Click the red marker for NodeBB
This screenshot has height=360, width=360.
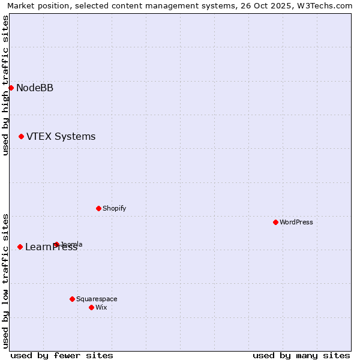click(11, 88)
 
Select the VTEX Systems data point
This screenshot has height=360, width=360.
click(21, 137)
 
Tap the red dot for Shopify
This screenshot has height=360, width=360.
click(98, 208)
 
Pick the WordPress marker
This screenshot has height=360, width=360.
click(275, 222)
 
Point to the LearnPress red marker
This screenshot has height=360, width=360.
click(20, 247)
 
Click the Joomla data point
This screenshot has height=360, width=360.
click(56, 244)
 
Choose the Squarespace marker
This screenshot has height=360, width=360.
click(72, 299)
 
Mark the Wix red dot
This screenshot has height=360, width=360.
click(91, 307)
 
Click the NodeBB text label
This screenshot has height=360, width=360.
click(35, 88)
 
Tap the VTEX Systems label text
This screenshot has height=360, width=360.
click(61, 137)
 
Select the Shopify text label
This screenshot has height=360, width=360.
click(114, 208)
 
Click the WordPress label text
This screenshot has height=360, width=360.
click(296, 222)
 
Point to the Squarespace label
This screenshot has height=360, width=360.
click(97, 299)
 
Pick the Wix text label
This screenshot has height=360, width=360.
click(101, 307)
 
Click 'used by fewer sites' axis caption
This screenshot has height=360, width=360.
click(62, 355)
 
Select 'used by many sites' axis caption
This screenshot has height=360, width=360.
click(301, 355)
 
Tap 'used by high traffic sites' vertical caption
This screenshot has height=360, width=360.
click(5, 85)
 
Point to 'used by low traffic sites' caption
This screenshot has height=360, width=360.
click(5, 281)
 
